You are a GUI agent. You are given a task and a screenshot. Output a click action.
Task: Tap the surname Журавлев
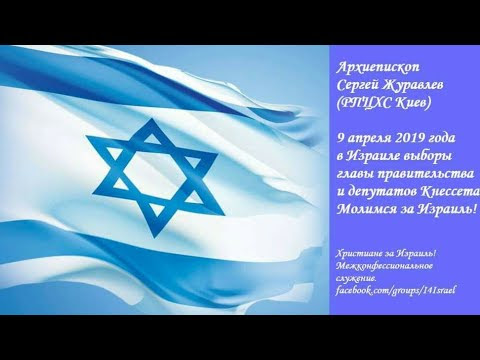pyautogui.click(x=423, y=81)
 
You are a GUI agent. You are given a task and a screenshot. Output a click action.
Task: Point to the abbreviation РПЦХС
pyautogui.click(x=372, y=99)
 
